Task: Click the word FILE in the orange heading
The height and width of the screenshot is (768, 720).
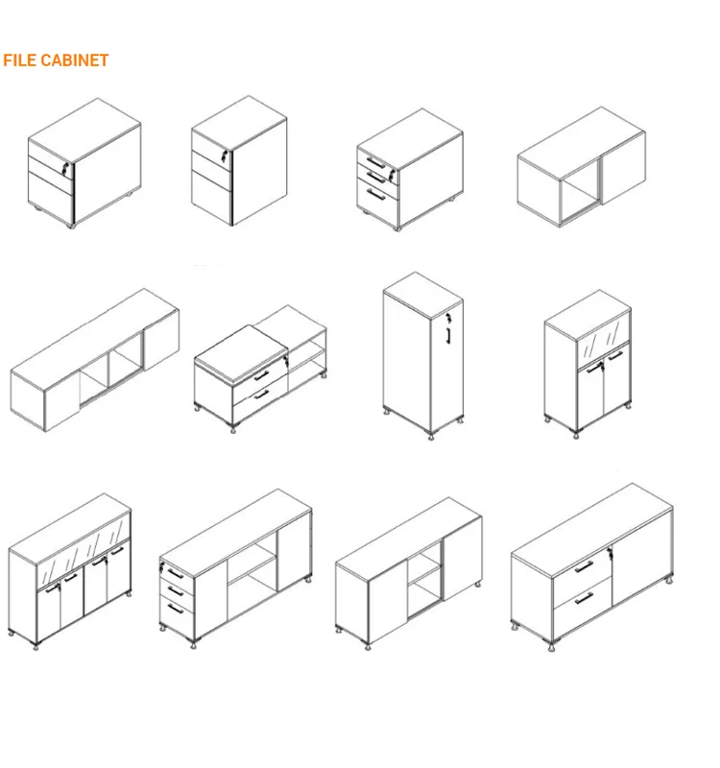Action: tap(19, 60)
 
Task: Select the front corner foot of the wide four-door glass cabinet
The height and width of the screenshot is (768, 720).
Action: tap(38, 640)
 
